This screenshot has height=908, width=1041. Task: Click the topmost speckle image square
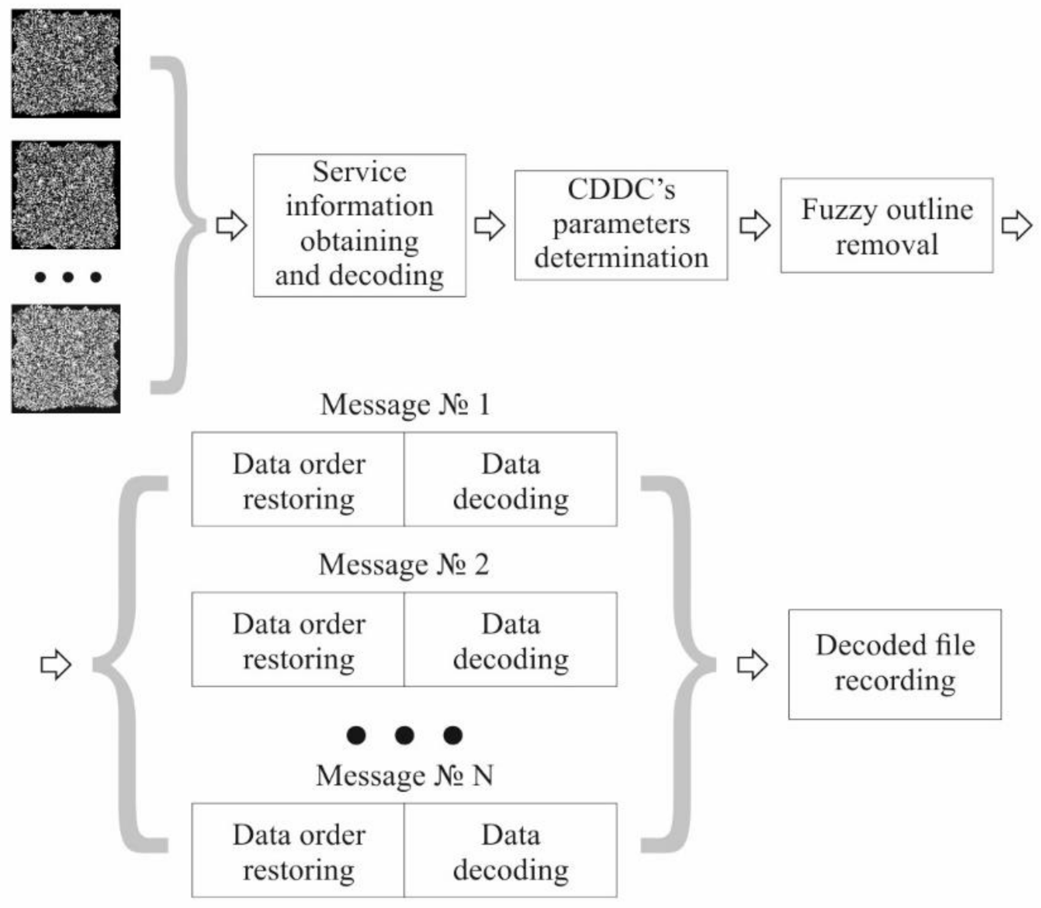pyautogui.click(x=65, y=64)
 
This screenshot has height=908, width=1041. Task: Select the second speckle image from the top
pyautogui.click(x=65, y=195)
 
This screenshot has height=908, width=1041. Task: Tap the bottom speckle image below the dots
pyautogui.click(x=65, y=359)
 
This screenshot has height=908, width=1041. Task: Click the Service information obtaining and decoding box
pyautogui.click(x=359, y=225)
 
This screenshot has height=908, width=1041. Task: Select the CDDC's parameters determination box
pyautogui.click(x=621, y=225)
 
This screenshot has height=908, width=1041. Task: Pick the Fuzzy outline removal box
pyautogui.click(x=886, y=225)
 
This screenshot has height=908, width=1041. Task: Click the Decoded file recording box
pyautogui.click(x=894, y=664)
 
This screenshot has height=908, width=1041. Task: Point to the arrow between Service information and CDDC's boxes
pyautogui.click(x=489, y=225)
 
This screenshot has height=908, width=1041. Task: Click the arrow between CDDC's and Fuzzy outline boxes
pyautogui.click(x=754, y=225)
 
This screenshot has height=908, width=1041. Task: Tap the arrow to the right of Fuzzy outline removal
pyautogui.click(x=1016, y=225)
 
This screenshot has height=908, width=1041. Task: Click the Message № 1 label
pyautogui.click(x=405, y=404)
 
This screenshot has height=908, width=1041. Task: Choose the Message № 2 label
pyautogui.click(x=404, y=564)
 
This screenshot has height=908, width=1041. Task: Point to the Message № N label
pyautogui.click(x=404, y=775)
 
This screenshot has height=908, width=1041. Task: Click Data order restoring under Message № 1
pyautogui.click(x=298, y=479)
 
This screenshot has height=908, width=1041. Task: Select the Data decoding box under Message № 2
pyautogui.click(x=510, y=640)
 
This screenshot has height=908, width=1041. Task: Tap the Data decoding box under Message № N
pyautogui.click(x=510, y=850)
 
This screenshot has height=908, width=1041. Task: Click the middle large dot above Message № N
pyautogui.click(x=404, y=735)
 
